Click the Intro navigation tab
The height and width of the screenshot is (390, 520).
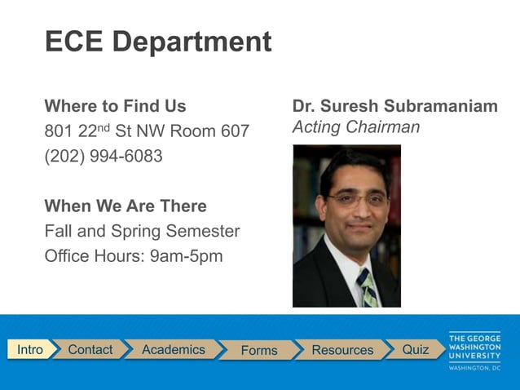tap(30, 349)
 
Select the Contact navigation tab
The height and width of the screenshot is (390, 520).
tap(90, 349)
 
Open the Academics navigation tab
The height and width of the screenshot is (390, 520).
tap(173, 349)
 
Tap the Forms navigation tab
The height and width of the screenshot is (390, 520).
tap(259, 350)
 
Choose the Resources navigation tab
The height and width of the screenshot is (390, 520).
tap(342, 350)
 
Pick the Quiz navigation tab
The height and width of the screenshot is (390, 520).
tap(415, 349)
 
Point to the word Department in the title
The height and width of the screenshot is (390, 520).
tap(192, 42)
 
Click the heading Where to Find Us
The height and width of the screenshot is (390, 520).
tap(115, 106)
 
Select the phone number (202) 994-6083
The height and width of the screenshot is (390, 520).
tap(104, 156)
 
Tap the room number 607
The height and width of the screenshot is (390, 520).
tap(236, 131)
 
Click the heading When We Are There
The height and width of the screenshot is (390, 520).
tap(126, 206)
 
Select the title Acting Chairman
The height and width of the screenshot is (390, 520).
tap(355, 127)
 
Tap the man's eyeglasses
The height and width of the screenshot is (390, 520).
tap(355, 198)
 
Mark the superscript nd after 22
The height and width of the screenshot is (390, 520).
tap(104, 126)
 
